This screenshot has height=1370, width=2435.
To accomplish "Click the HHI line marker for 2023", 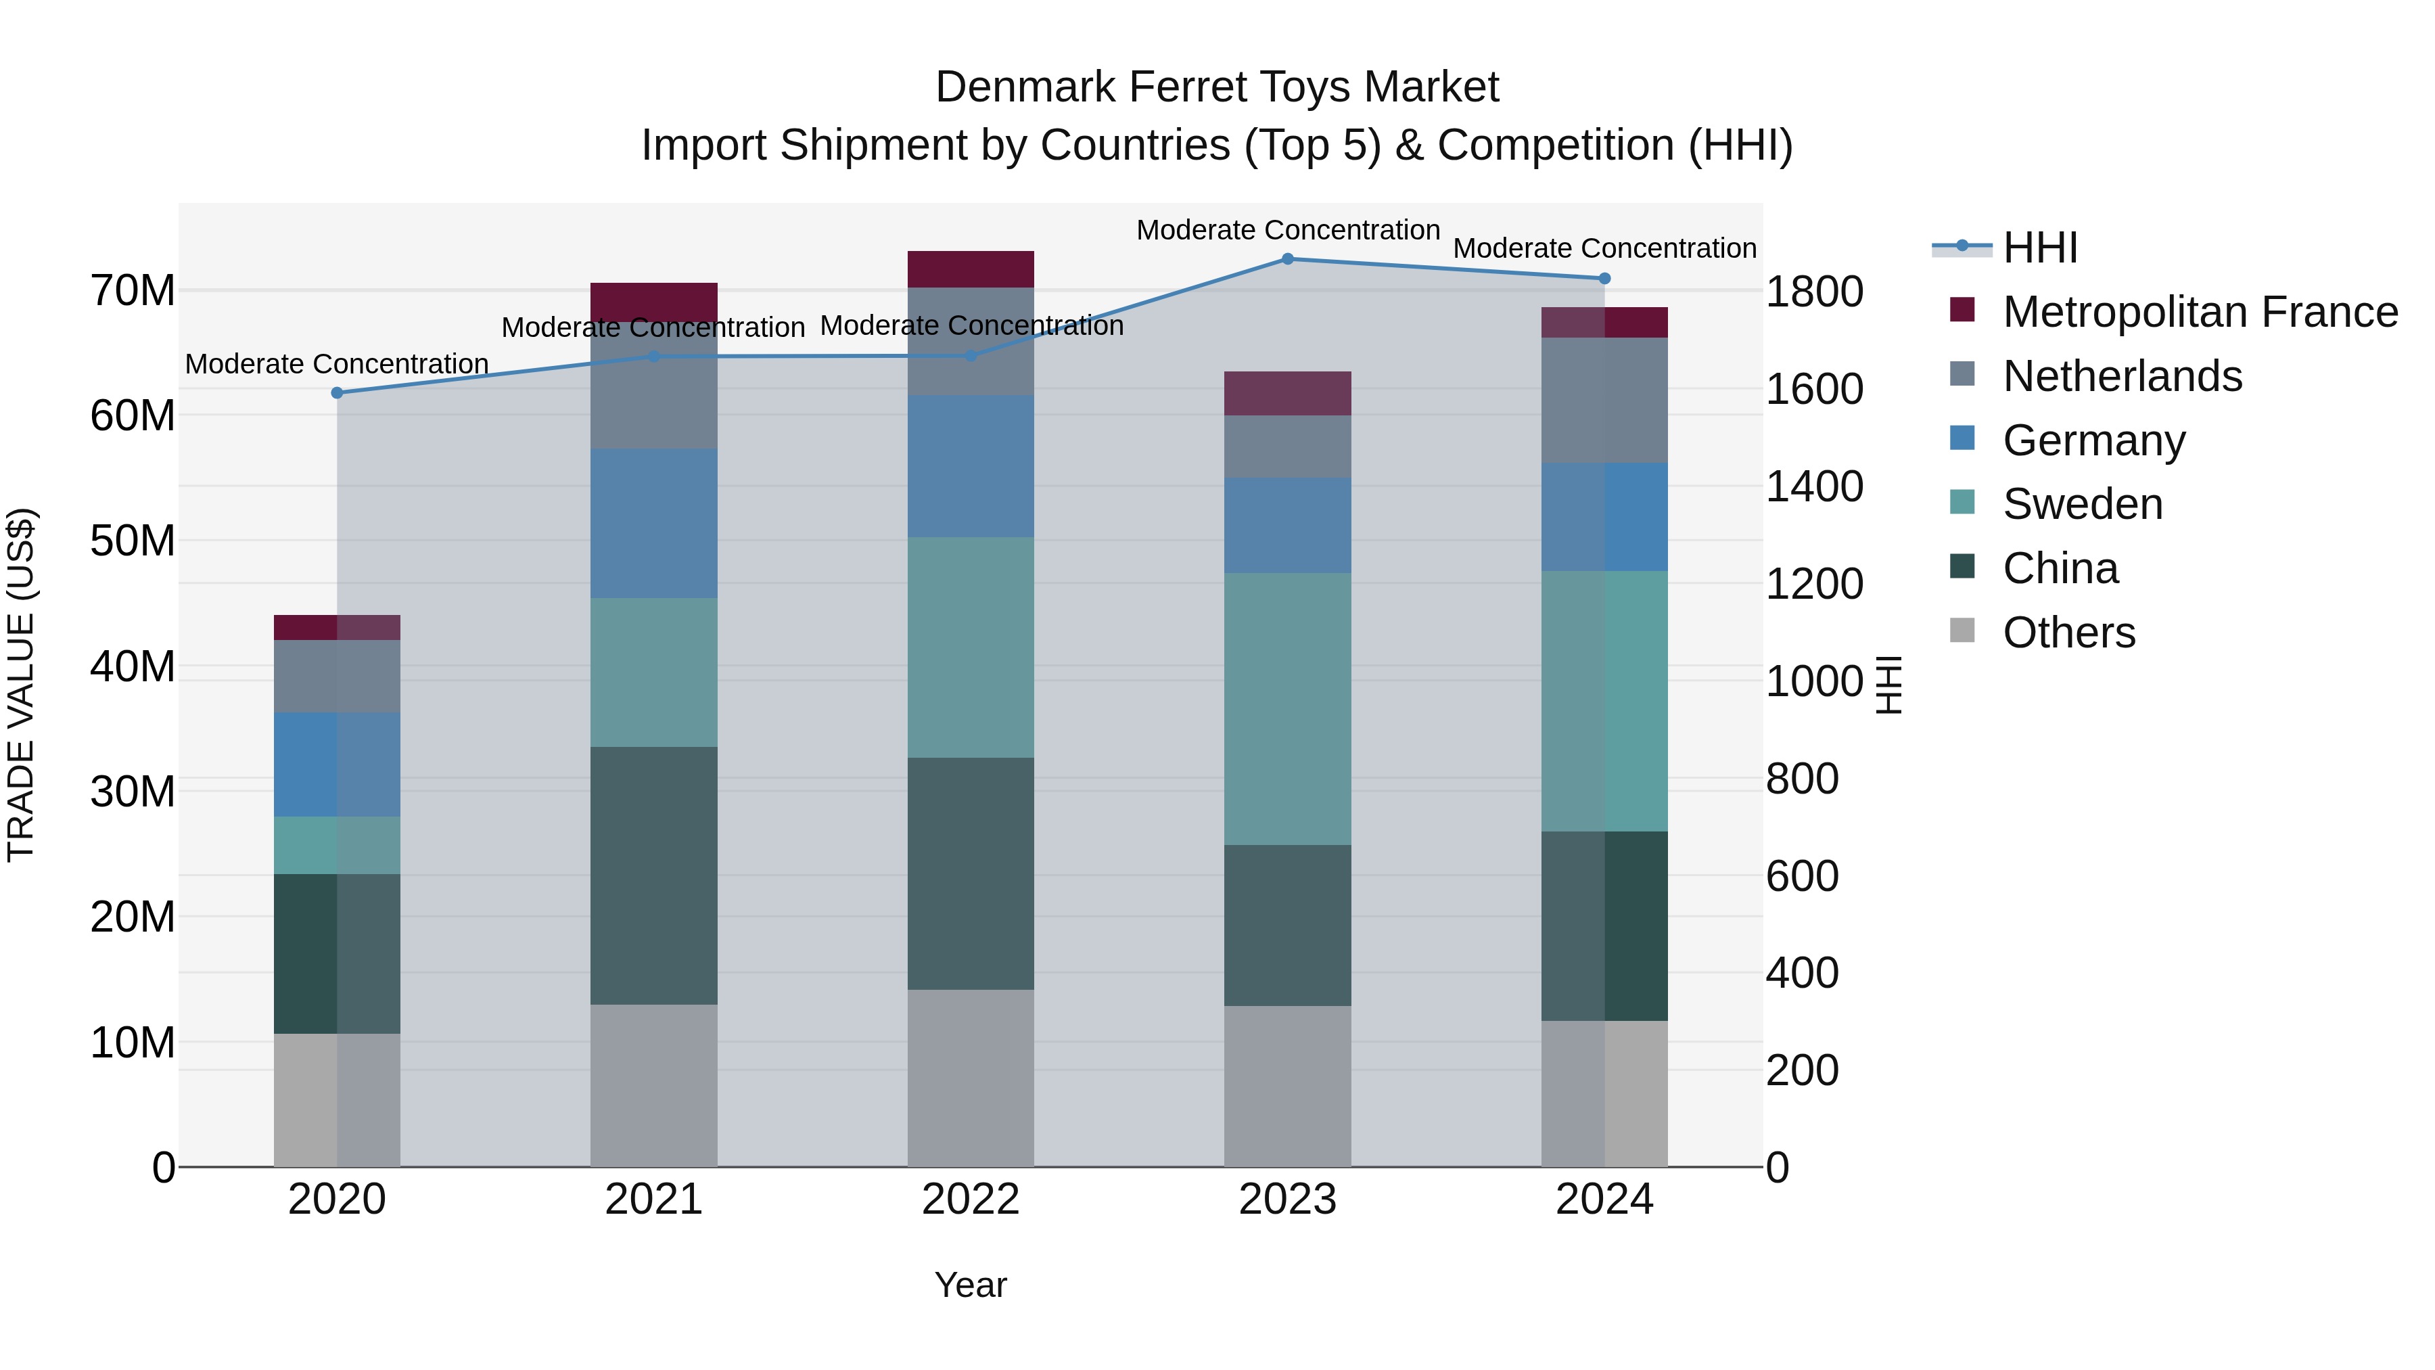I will click(1287, 258).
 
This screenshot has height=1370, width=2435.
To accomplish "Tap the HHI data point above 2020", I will click(337, 392).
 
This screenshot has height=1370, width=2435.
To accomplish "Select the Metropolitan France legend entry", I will click(2200, 311).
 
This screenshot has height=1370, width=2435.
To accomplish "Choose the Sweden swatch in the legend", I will click(1962, 503).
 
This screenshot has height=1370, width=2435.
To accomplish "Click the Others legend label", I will click(2069, 633).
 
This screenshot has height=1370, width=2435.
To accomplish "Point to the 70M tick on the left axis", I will click(133, 290).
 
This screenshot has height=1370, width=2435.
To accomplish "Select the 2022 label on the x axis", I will click(970, 1200).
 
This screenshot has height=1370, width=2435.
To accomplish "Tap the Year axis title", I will click(970, 1285).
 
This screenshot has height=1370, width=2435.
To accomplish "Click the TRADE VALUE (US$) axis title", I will click(21, 685).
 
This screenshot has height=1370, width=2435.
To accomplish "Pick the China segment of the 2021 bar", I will click(653, 875).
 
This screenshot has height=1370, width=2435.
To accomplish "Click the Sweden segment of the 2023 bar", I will click(1287, 708).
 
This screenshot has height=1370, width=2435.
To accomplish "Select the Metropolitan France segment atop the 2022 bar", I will click(970, 269).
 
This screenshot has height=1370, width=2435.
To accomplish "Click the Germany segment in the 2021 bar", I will click(653, 523).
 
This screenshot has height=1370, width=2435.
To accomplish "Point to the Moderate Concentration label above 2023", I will click(1287, 230).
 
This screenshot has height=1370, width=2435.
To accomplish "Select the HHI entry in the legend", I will click(2040, 248).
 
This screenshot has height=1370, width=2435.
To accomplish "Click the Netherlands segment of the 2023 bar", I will click(1287, 447).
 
